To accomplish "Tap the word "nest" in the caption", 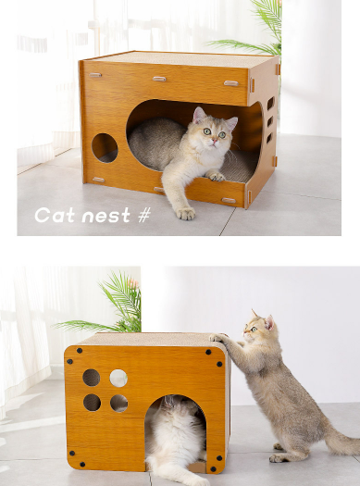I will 106,217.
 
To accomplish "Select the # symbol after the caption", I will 143,216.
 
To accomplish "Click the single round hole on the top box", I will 105,147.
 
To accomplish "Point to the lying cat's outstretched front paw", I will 186,213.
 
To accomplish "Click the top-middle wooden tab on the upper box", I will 160,79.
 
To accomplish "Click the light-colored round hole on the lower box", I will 118,378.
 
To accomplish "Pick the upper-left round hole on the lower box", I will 92,378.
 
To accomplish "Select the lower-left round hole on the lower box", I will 92,403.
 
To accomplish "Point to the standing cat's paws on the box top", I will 217,339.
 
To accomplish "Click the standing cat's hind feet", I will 278,455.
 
